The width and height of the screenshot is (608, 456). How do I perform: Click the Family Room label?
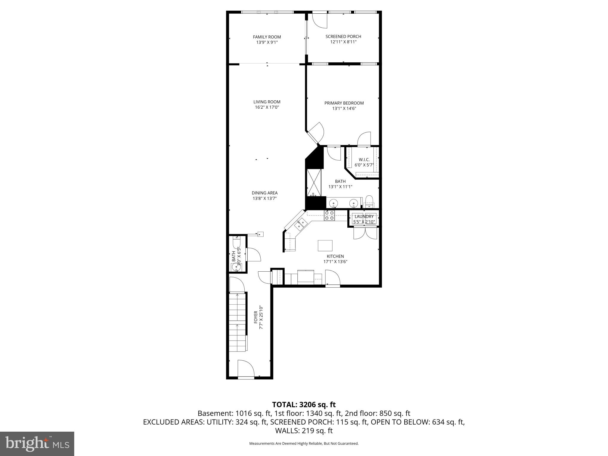(x=267, y=37)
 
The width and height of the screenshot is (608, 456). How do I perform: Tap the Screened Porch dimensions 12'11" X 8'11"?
(x=343, y=42)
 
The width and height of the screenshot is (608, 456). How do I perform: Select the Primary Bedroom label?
(x=344, y=103)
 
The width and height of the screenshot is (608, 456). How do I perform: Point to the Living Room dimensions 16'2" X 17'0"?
(x=267, y=107)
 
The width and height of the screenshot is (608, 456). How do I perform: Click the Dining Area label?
(x=265, y=193)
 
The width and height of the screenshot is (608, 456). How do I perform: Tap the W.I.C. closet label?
(x=364, y=160)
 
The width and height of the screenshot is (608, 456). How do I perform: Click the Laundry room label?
(x=364, y=216)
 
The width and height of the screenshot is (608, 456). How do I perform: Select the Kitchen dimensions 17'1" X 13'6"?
(x=335, y=262)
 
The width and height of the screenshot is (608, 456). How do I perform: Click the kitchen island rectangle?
(x=325, y=246)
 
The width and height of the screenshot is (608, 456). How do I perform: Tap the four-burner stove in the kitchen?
(x=329, y=215)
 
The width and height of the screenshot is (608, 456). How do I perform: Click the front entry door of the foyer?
(x=246, y=369)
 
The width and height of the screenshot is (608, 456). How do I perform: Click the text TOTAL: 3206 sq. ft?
(x=304, y=404)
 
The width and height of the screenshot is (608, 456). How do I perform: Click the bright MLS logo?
(x=37, y=444)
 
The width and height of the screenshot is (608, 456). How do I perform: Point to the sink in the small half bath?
(x=237, y=267)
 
